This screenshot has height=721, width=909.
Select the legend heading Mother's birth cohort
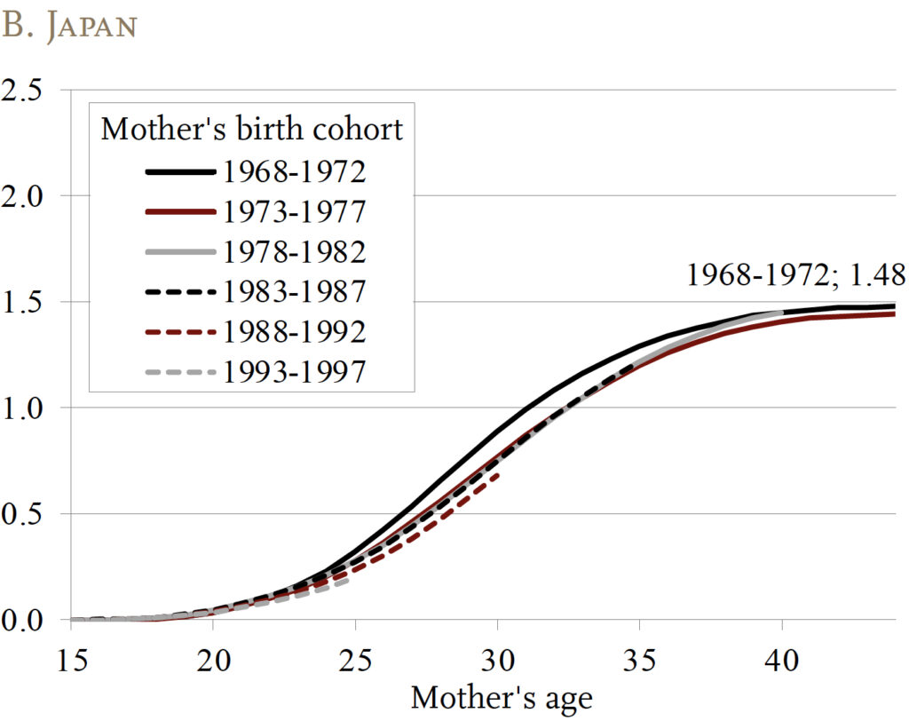coord(251,129)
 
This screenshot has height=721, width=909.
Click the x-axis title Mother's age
coord(501,698)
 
